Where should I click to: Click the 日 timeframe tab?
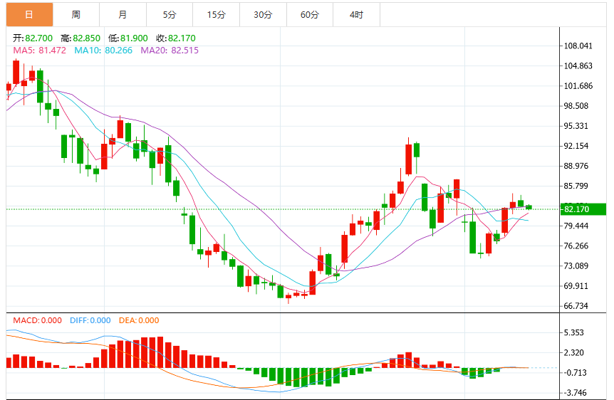point(29,15)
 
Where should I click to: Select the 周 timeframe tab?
point(76,15)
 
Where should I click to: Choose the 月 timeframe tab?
point(123,15)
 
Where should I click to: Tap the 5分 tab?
point(170,15)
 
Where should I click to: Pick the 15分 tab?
point(216,15)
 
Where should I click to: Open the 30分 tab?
point(263,15)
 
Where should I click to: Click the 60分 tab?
point(310,15)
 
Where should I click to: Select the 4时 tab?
point(356,15)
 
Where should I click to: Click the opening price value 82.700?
point(38,38)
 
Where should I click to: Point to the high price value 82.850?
point(86,38)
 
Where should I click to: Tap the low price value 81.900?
point(134,38)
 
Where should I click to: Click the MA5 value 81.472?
point(52,51)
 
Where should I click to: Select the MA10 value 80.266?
point(118,51)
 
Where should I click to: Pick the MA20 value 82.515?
point(184,51)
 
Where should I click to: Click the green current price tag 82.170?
point(583,209)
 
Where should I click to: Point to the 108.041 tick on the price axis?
point(578,46)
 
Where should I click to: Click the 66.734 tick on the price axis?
point(576,305)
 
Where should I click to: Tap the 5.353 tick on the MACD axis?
point(573,332)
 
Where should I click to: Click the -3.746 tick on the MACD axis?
point(575,393)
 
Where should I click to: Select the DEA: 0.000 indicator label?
point(139,320)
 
